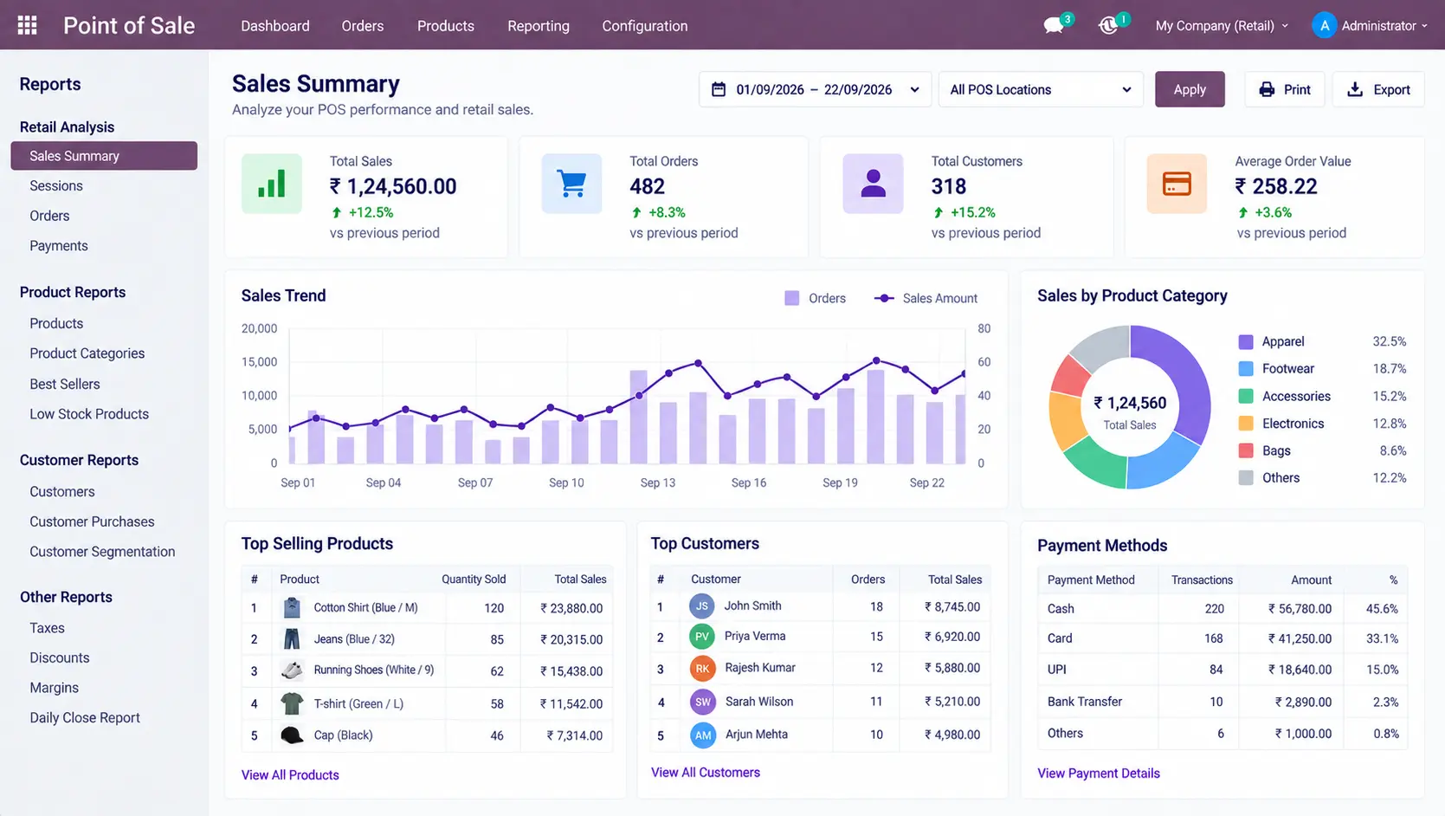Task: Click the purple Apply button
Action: coord(1190,89)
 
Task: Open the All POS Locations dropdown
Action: coord(1041,89)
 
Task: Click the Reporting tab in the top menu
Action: coord(538,26)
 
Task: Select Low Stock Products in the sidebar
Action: coord(89,414)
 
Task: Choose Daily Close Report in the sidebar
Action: coord(85,717)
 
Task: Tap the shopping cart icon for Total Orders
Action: coord(571,184)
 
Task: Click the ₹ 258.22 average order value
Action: coord(1276,186)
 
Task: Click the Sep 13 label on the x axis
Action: coord(657,482)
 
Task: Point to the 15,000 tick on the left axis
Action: coord(260,361)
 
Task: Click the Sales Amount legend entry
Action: coord(926,298)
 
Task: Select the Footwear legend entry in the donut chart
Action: coord(1287,369)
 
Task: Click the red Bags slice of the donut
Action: coord(1070,377)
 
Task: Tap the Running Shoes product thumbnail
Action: coord(292,670)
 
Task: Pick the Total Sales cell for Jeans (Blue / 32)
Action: coord(571,639)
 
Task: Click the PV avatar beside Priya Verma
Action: coord(702,637)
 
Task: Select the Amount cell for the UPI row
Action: coord(1300,670)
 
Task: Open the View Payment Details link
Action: coord(1098,773)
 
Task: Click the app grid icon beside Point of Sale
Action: coord(27,25)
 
